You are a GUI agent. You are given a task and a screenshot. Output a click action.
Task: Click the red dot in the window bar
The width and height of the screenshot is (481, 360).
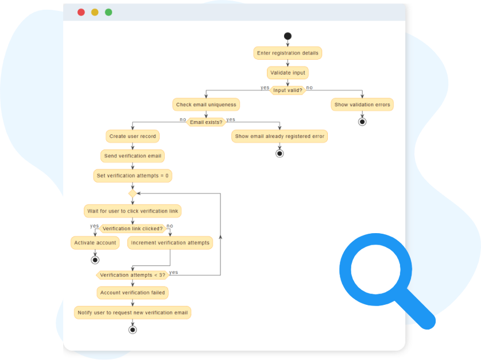coord(81,12)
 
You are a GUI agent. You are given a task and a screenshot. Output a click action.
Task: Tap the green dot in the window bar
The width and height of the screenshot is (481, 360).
coord(108,12)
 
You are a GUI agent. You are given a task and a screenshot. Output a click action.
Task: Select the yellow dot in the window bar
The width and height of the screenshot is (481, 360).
coord(95,12)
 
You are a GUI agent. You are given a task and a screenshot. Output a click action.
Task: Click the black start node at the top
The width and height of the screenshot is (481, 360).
coord(288,36)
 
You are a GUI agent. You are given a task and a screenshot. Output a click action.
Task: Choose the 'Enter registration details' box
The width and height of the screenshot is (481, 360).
coord(288,53)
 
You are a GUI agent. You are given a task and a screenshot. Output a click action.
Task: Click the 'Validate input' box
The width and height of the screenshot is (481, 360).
coord(288,73)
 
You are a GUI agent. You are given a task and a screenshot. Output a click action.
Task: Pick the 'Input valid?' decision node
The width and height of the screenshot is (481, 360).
coord(288,90)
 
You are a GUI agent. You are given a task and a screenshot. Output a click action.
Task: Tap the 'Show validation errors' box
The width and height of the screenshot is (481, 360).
coord(362,104)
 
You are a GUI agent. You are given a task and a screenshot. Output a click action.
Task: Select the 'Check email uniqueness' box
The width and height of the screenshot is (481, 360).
coord(206,104)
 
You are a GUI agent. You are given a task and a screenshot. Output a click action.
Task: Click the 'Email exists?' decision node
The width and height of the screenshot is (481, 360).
coord(206,122)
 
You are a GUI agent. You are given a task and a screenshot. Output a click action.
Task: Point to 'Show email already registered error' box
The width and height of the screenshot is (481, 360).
coord(280,137)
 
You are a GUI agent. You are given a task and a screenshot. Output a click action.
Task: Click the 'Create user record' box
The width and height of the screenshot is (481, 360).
coord(133,136)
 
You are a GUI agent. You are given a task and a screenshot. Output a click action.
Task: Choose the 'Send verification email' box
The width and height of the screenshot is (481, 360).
coord(133,156)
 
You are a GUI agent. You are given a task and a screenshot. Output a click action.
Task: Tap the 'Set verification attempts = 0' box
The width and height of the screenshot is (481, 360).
coord(133,176)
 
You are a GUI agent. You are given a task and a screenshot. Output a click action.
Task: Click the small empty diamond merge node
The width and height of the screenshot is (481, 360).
coord(133,193)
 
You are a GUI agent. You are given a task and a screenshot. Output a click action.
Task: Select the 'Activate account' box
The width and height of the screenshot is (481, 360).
coord(95,243)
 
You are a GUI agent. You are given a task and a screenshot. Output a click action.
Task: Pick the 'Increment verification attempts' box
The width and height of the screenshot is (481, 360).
coord(170,243)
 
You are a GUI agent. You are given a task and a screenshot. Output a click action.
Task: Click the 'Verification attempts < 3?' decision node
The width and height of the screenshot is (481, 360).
coord(133,275)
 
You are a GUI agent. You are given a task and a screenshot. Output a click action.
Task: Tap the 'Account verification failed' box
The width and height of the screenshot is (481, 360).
coord(133,293)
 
